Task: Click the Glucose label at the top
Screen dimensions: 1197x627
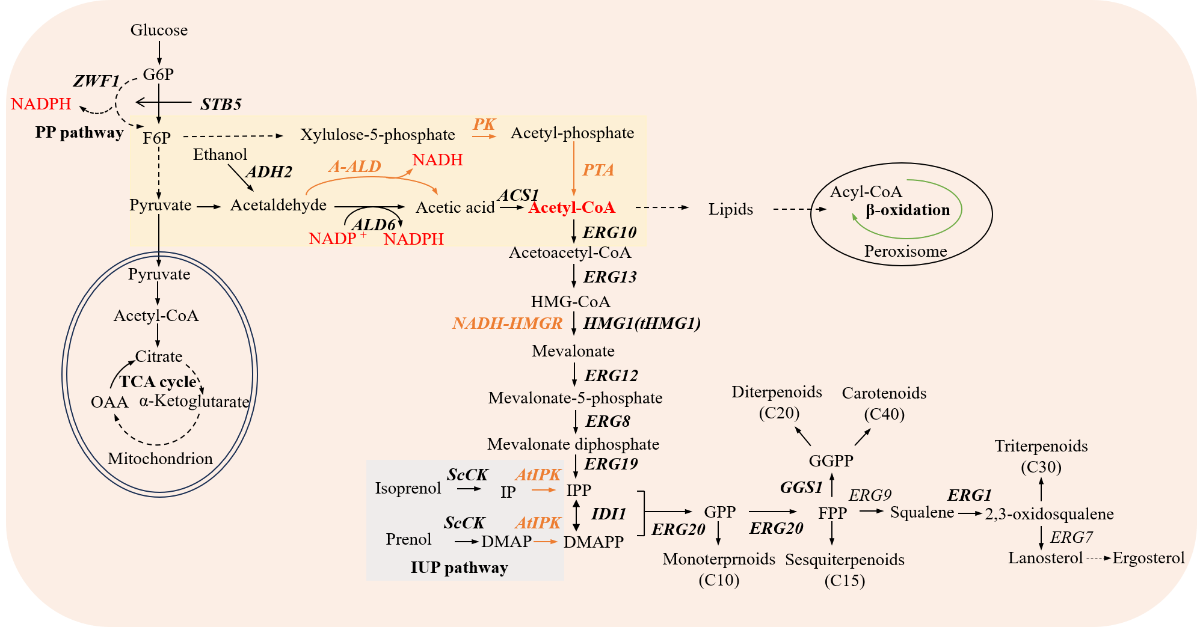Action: (x=159, y=30)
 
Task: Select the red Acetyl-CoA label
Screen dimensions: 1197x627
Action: (x=571, y=207)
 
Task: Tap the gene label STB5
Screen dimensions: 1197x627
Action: (x=221, y=105)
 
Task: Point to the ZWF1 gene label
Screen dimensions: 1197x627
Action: (x=96, y=81)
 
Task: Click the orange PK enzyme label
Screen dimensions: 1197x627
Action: (x=484, y=124)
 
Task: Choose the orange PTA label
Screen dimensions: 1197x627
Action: (x=598, y=170)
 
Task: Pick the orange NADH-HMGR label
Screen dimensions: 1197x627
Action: (x=507, y=323)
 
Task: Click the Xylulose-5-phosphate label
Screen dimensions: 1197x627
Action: (x=377, y=135)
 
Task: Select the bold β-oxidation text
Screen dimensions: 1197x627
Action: (x=908, y=210)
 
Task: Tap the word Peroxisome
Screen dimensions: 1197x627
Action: (x=905, y=251)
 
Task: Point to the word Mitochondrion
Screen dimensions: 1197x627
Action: (x=160, y=459)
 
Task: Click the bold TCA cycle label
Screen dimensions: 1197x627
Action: (x=158, y=382)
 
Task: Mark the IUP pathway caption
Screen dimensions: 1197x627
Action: (x=459, y=567)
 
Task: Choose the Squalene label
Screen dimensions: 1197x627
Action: (x=922, y=513)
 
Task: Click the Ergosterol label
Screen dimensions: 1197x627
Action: (x=1148, y=558)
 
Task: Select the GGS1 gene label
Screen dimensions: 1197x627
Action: (x=801, y=488)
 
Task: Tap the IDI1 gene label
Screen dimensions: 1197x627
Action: (x=609, y=514)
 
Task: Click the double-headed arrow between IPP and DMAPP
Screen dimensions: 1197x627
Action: (x=576, y=516)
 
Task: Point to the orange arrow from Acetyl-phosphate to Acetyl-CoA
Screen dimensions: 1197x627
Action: (x=574, y=170)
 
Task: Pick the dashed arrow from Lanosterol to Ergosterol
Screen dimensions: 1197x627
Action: (x=1098, y=558)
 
